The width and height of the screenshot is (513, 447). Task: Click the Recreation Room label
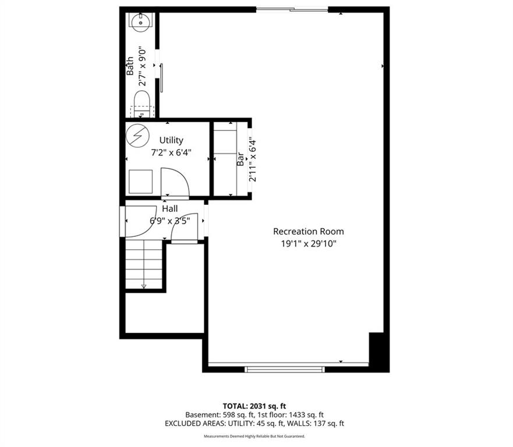[309, 232]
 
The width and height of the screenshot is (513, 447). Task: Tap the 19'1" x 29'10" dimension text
[309, 244]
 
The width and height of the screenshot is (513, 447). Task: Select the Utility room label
[171, 140]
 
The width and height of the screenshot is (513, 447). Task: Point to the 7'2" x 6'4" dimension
[171, 152]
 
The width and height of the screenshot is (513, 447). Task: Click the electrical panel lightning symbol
[138, 135]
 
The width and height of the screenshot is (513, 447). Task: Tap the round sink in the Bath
[141, 23]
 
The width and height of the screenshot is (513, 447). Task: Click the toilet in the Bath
[141, 104]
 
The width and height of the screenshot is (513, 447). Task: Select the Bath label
[130, 66]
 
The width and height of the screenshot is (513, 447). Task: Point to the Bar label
[240, 159]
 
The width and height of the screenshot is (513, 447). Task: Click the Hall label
[170, 208]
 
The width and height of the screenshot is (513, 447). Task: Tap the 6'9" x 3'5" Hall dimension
[170, 221]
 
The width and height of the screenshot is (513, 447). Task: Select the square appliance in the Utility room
[141, 182]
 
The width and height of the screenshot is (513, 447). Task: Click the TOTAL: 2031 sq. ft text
[254, 406]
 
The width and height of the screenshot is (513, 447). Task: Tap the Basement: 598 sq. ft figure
[220, 414]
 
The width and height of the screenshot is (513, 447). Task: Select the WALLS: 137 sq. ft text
[315, 424]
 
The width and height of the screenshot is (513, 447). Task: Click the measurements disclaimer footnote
[254, 436]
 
